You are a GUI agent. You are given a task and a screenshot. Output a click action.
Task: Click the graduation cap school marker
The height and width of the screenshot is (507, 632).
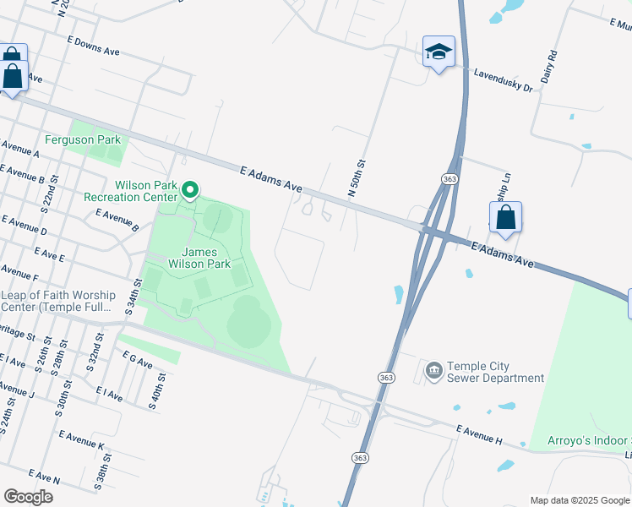point(439,52)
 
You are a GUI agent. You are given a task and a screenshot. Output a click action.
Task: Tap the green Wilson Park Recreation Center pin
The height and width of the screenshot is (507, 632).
point(191,189)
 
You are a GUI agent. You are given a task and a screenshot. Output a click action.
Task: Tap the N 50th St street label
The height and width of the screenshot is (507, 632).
point(357,178)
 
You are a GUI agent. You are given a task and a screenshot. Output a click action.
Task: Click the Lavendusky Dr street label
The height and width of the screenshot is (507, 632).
point(503,80)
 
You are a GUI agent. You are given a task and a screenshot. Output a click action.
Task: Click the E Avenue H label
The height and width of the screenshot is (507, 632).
point(479,435)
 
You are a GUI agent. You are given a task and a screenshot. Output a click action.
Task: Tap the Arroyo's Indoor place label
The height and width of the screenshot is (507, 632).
point(576,440)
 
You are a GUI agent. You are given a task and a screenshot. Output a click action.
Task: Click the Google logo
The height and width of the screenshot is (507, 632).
point(28,496)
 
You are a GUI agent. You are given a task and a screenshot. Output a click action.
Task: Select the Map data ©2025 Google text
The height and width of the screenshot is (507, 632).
point(580,500)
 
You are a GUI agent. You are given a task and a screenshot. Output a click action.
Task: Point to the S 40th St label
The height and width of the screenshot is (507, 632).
point(157,390)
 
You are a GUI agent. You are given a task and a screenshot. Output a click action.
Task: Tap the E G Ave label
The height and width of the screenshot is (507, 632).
point(137,361)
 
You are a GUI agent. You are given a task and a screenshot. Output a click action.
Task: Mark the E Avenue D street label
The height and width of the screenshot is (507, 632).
point(25,225)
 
